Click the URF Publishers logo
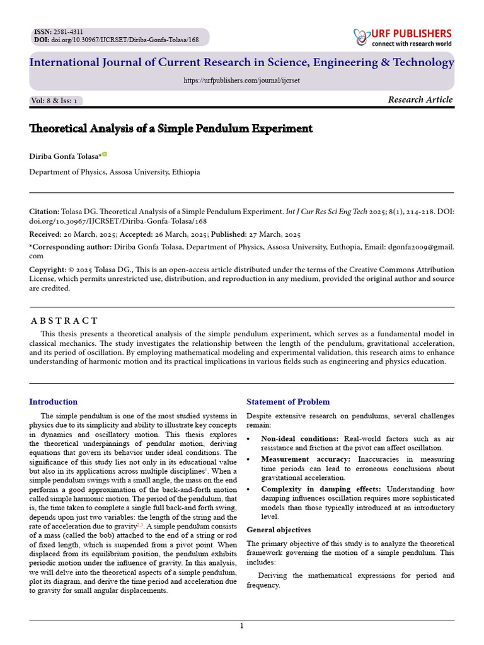click(403, 38)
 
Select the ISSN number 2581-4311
click(67, 31)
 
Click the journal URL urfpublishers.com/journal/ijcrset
click(241, 81)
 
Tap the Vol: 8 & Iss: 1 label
click(56, 101)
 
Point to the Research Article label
click(420, 100)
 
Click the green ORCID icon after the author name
click(105, 154)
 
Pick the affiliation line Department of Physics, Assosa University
click(115, 172)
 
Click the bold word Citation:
click(45, 212)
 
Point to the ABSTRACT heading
click(65, 321)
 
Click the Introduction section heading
click(54, 402)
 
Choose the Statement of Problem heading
click(287, 402)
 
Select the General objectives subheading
click(279, 530)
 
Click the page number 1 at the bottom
click(241, 625)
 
